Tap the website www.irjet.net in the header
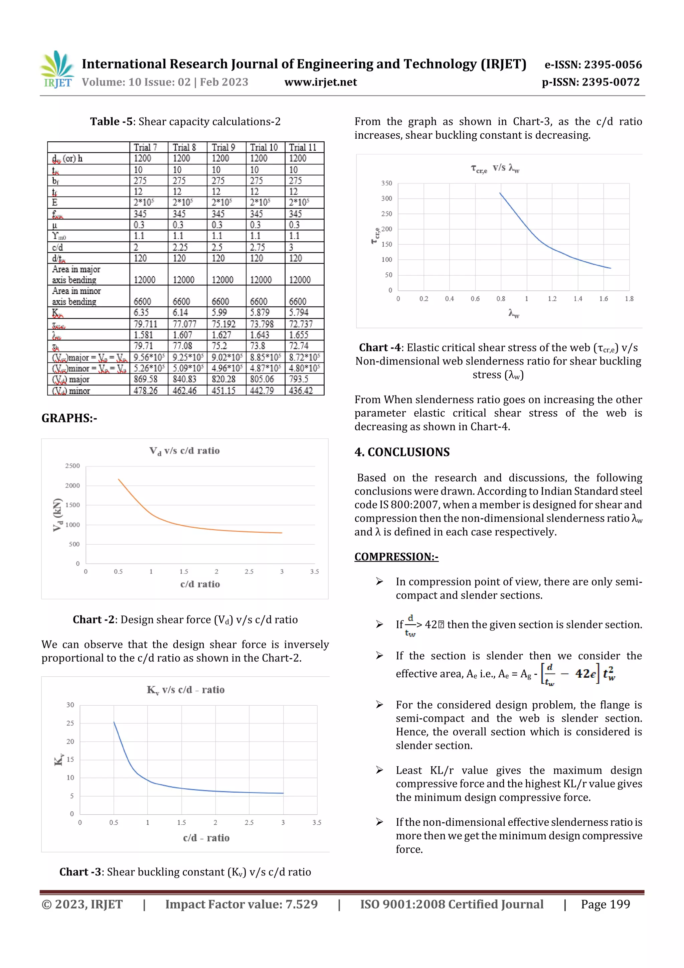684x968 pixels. pos(320,82)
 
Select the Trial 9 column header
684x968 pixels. pos(223,147)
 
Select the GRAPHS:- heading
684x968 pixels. pos(69,418)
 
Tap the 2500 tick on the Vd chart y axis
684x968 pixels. pos(72,466)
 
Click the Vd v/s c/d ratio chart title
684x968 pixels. pos(185,451)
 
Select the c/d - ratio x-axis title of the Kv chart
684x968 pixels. pos(206,838)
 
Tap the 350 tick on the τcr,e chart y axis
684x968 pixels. pos(386,183)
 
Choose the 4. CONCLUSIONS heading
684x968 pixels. pos(402,452)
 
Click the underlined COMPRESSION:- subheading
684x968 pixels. pos(396,557)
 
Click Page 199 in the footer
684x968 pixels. pos(605,904)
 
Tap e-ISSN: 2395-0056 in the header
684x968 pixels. pos(593,64)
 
